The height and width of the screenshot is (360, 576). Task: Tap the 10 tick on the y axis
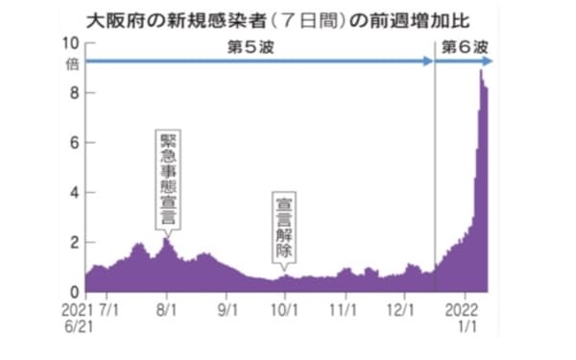[x=70, y=42]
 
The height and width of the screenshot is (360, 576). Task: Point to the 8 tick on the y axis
[x=74, y=92]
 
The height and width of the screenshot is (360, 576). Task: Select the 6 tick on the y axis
[x=74, y=142]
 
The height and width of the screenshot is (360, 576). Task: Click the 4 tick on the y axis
[x=74, y=192]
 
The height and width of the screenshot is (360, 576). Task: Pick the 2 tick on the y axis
[x=74, y=242]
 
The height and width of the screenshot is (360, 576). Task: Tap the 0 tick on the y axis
[x=74, y=292]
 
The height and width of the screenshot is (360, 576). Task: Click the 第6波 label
[x=465, y=47]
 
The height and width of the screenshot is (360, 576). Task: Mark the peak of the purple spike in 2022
[x=481, y=70]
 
